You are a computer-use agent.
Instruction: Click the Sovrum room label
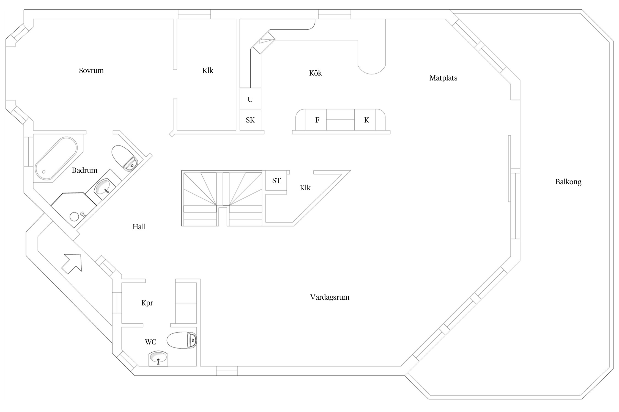point(91,71)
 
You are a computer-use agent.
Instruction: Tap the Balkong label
point(568,182)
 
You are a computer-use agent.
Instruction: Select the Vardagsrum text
point(330,297)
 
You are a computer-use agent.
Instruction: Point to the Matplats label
point(443,78)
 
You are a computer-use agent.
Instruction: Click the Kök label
point(315,73)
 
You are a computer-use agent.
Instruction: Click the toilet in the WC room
point(181,341)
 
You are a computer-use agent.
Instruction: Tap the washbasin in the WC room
point(158,358)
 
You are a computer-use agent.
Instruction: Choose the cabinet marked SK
point(250,120)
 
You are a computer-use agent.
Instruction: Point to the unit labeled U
point(250,99)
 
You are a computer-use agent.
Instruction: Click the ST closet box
point(276,180)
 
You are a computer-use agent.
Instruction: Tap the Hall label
point(139,227)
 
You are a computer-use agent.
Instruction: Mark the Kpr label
point(147,303)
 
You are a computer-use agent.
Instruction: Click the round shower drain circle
point(74,216)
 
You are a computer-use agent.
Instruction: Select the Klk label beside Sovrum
point(208,71)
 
